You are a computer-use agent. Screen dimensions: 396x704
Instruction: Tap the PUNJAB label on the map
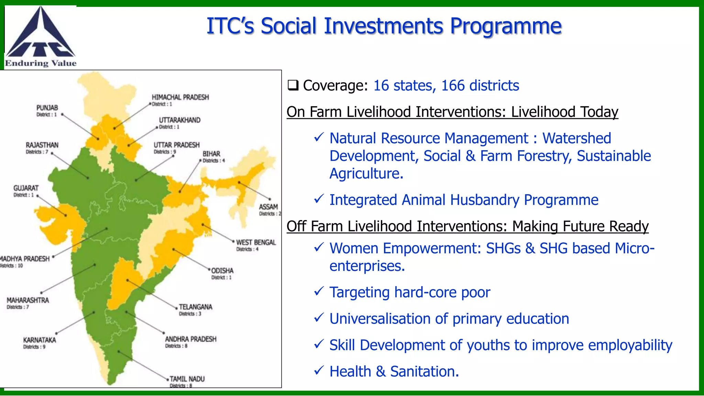[47, 108]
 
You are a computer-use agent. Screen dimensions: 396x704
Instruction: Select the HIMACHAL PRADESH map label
[180, 97]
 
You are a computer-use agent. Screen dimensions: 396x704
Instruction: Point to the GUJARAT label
[26, 188]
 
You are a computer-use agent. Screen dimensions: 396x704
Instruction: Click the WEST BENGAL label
[256, 242]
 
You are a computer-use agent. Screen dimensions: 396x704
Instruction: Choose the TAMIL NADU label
[187, 379]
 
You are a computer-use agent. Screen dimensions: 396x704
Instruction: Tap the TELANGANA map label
[195, 307]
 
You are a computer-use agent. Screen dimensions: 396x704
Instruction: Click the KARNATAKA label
[40, 340]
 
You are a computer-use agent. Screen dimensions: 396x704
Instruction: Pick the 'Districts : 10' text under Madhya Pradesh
[12, 266]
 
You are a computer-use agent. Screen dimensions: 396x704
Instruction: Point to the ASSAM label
[268, 207]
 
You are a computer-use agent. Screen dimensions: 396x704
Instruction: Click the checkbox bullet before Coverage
[293, 85]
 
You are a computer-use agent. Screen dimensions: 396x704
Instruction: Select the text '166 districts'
[480, 86]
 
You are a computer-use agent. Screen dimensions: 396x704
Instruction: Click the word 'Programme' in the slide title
[506, 26]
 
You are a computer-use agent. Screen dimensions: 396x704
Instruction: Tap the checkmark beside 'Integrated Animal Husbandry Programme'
[319, 199]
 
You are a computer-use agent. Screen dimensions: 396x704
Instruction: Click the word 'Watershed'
[576, 138]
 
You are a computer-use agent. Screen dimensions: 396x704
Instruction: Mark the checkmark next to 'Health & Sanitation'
[319, 371]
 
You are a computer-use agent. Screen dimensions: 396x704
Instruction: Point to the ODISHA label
[222, 271]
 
